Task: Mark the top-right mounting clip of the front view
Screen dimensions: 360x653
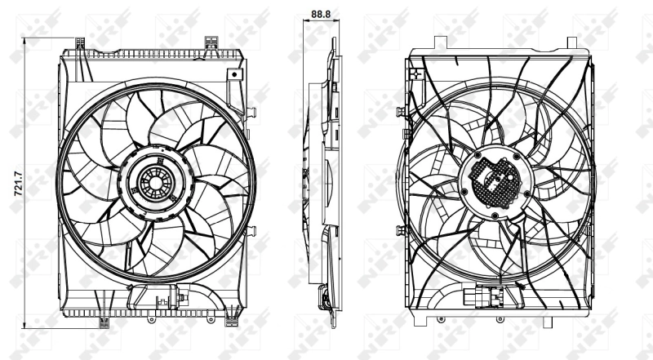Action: coord(212,41)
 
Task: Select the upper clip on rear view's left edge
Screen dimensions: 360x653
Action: coord(399,111)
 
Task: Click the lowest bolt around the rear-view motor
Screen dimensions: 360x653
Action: coord(495,216)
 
